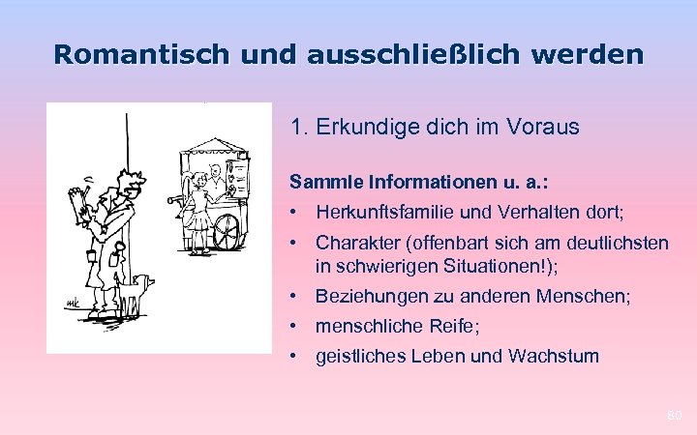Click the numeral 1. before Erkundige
point(298,127)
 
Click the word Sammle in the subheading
point(320,181)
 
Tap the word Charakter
point(356,243)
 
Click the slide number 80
point(675,416)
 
